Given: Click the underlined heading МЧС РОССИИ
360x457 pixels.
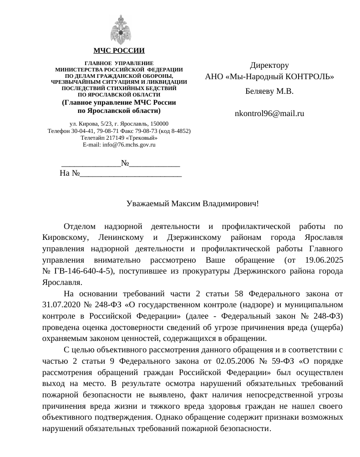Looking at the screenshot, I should (119, 51).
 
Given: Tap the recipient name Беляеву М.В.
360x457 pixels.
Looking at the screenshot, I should (269, 91).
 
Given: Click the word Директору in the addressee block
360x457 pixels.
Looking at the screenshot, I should (269, 66).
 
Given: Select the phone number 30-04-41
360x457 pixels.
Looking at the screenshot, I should (79, 131).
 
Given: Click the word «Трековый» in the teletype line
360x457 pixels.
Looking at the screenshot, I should (143, 138).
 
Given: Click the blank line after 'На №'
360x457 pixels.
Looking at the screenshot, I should (131, 173).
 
